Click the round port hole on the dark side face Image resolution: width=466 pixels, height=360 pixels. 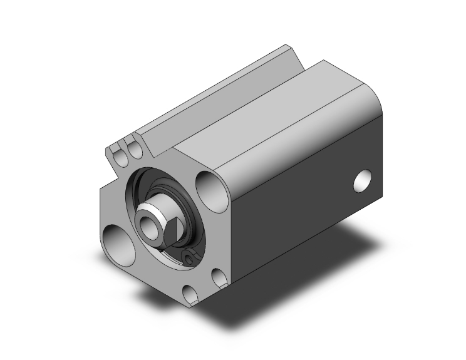click(x=363, y=180)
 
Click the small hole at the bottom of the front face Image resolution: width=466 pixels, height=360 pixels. click(x=189, y=292)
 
